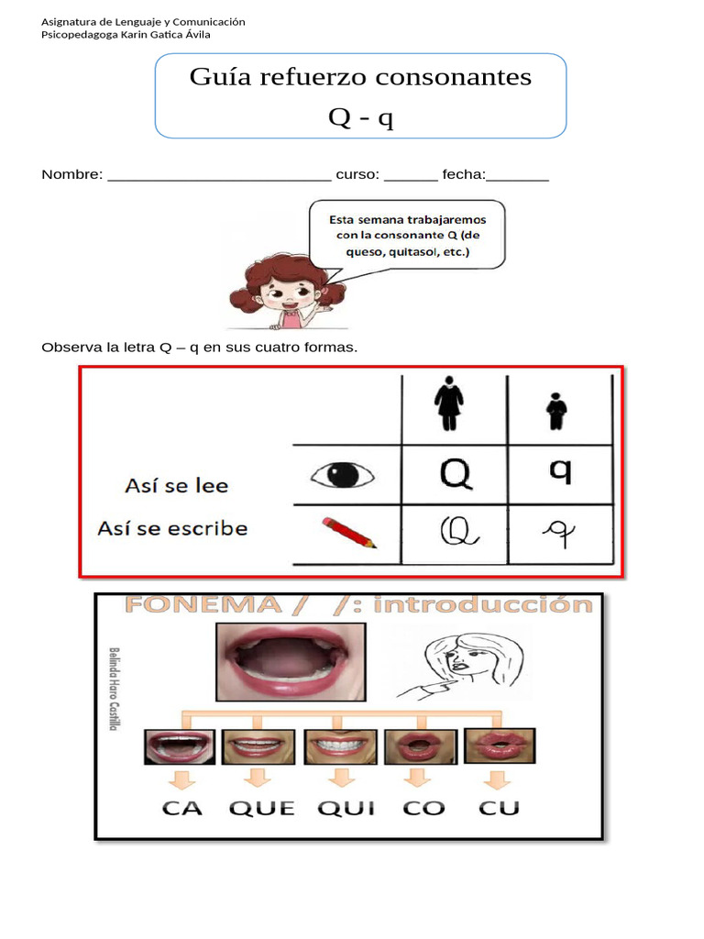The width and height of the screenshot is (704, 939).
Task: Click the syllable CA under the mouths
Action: coord(182,807)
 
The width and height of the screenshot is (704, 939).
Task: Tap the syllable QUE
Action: coord(262,807)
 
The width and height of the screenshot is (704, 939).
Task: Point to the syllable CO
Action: coord(423,807)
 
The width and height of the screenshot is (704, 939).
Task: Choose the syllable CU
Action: coord(499,807)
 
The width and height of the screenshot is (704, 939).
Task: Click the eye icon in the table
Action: coord(342,474)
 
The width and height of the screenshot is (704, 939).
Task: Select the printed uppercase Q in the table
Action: coord(455,474)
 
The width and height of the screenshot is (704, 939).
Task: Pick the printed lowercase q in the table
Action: coord(560,470)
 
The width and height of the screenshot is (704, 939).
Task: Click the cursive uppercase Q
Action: coord(455,531)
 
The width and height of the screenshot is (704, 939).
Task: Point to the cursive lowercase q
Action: coord(558,533)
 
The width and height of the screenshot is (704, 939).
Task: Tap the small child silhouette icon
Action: coord(556,411)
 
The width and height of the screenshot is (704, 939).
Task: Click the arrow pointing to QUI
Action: coord(342,779)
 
